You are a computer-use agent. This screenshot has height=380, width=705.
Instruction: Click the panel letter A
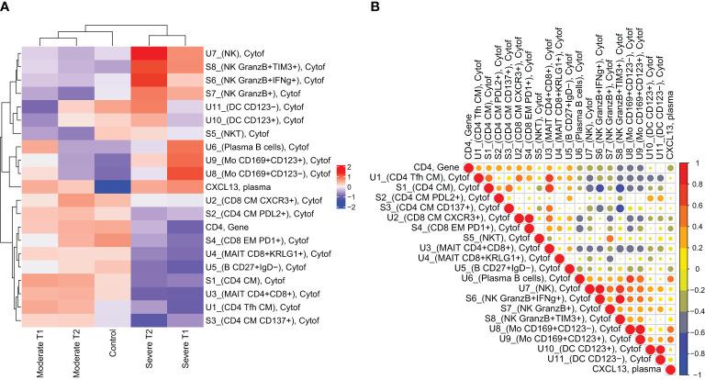[7, 8]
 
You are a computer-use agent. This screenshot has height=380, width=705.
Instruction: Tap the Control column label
[114, 336]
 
